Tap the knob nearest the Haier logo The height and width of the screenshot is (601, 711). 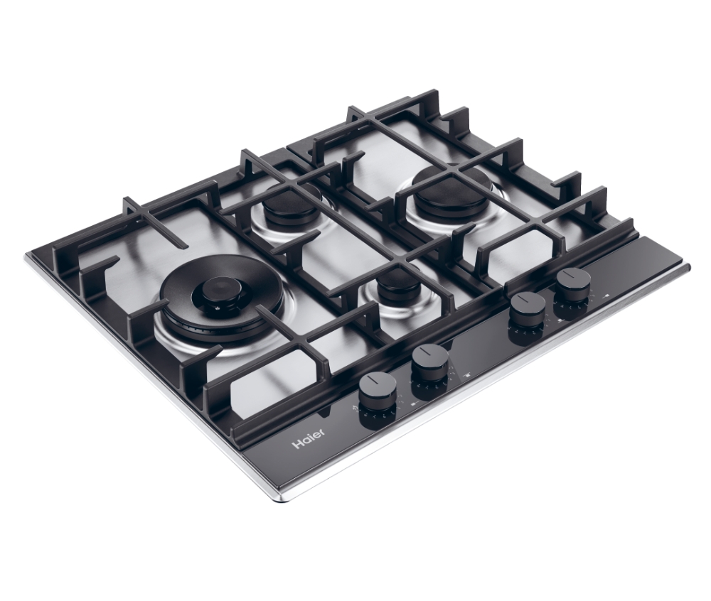(x=378, y=399)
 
